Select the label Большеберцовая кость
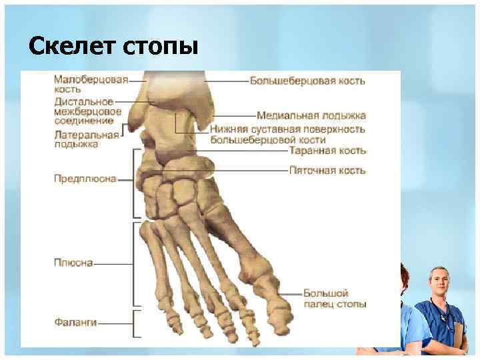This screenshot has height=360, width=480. coord(307,81)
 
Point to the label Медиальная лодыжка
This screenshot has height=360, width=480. coord(311,115)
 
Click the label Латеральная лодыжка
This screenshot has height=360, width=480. coord(86,139)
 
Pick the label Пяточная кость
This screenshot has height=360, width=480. coord(327,170)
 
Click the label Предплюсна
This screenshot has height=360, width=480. coord(85,179)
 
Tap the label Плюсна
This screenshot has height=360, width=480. coord(73,263)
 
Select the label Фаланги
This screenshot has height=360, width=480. coord(75,323)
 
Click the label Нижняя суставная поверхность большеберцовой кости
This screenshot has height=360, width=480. coord(287,134)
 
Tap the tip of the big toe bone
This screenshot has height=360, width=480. coord(280,327)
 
